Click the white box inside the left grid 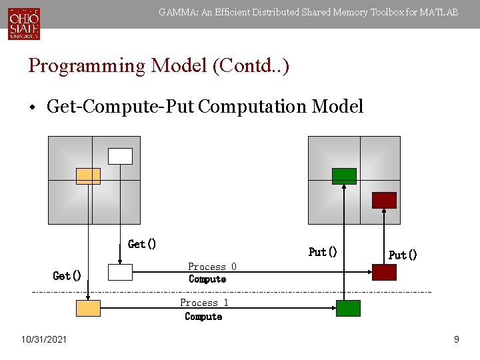[121, 156]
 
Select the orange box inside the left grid [88, 176]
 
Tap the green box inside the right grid [345, 176]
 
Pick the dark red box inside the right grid [384, 200]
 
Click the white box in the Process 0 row [121, 272]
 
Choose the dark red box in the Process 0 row [384, 272]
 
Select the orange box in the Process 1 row [88, 308]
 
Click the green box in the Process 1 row [348, 308]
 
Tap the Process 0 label [212, 267]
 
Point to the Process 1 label [204, 303]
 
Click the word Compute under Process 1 [203, 317]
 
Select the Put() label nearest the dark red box [403, 255]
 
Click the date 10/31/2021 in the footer [43, 340]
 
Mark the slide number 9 [456, 340]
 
